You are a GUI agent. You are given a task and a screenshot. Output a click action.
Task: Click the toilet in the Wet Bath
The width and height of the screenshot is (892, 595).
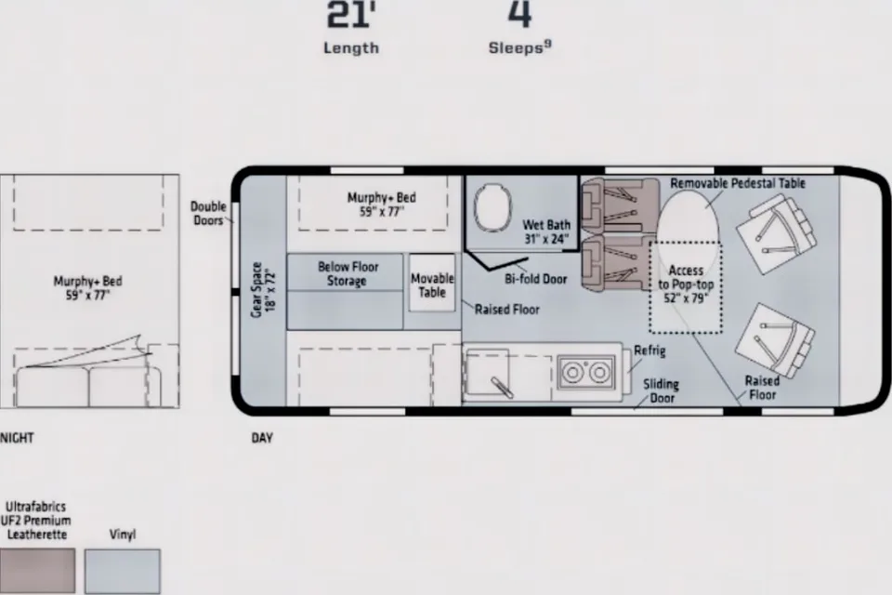[492, 207]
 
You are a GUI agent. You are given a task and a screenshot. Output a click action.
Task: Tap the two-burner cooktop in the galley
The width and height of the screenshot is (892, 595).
[585, 373]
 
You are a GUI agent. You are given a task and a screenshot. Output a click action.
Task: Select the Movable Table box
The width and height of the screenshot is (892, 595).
[432, 283]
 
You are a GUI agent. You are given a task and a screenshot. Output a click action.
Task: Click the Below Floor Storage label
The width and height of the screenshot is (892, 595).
[348, 274]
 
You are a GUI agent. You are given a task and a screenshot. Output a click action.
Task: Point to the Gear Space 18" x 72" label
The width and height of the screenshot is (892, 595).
[263, 289]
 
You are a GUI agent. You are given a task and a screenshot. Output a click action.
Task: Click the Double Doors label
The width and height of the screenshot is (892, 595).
[208, 214]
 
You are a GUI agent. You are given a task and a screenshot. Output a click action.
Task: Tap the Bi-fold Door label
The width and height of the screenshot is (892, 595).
[536, 279]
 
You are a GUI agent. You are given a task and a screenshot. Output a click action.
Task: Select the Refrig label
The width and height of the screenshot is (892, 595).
[649, 350]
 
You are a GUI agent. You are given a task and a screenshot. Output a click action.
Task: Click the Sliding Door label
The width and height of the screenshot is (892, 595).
[661, 391]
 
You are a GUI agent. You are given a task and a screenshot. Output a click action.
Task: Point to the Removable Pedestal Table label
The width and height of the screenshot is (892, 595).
[738, 183]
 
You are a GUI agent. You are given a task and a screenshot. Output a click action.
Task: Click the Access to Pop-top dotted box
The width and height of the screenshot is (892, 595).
[686, 287]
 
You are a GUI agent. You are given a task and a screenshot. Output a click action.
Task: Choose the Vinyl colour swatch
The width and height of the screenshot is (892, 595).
[123, 571]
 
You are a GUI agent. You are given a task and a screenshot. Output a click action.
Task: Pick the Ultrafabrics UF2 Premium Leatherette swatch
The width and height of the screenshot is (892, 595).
[37, 571]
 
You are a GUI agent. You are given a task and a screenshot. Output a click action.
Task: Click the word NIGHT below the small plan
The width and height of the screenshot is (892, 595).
[17, 438]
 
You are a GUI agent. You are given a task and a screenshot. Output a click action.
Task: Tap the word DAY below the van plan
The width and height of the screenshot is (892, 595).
[262, 438]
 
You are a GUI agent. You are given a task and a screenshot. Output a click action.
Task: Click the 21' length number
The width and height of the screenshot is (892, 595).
[351, 15]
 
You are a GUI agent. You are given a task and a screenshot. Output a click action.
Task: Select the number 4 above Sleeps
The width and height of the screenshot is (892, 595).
[519, 14]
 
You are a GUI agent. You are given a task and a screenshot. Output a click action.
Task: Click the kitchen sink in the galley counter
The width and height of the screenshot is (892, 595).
[488, 372]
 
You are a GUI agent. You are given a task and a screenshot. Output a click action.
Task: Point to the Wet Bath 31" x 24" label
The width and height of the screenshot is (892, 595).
[546, 231]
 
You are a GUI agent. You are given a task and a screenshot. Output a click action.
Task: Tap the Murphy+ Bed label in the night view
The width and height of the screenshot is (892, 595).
[87, 287]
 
